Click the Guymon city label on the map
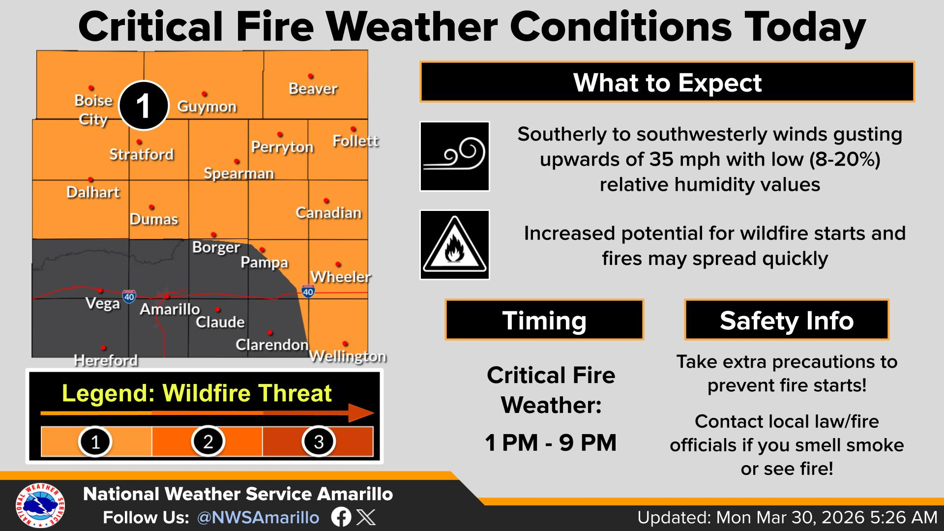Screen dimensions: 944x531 [x=206, y=107]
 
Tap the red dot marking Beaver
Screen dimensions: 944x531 [x=311, y=76]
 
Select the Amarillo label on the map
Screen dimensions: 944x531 [x=170, y=309]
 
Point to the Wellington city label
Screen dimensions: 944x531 [x=348, y=356]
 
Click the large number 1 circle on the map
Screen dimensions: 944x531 [x=143, y=106]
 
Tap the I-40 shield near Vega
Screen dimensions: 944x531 [x=129, y=296]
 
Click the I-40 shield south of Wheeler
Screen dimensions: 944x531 [x=308, y=291]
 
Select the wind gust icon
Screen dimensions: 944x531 [x=455, y=156]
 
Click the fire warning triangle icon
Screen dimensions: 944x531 [x=455, y=245]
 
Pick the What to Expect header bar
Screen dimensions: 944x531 [x=667, y=82]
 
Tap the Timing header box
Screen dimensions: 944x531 [x=544, y=320]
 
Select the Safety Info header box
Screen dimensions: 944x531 [x=787, y=320]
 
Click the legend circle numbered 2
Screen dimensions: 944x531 [x=208, y=441]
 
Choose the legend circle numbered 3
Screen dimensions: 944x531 [x=319, y=441]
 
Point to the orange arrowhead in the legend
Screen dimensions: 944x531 [x=361, y=413]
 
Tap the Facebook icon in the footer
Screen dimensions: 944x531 [x=341, y=517]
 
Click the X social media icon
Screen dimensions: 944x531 [x=365, y=517]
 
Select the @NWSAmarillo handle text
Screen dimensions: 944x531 [x=258, y=518]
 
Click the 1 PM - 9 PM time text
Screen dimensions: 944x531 [x=551, y=442]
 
